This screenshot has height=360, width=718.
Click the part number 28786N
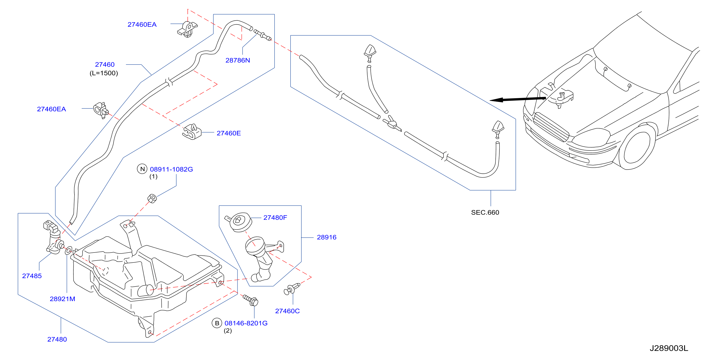coord(237,60)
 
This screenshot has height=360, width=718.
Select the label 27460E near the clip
coord(229,133)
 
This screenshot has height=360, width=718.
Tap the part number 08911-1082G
coord(171,169)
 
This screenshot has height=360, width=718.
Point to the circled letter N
coord(142,169)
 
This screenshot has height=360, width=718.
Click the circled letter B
coord(217,323)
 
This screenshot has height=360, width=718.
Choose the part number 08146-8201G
coord(246,323)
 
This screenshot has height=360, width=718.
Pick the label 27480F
coord(275,218)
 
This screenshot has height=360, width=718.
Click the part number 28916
coord(326,237)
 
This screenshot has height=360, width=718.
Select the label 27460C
coord(287,311)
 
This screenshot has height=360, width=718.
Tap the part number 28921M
coord(62,299)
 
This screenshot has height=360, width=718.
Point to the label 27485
coord(32,276)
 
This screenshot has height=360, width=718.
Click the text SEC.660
coord(485,212)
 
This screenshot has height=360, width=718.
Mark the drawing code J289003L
coord(669,348)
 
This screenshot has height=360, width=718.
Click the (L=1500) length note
coord(104,73)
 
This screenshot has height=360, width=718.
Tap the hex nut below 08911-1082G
coord(152,198)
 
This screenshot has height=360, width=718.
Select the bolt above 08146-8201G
coord(251,300)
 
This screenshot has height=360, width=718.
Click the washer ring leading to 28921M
coord(68,250)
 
